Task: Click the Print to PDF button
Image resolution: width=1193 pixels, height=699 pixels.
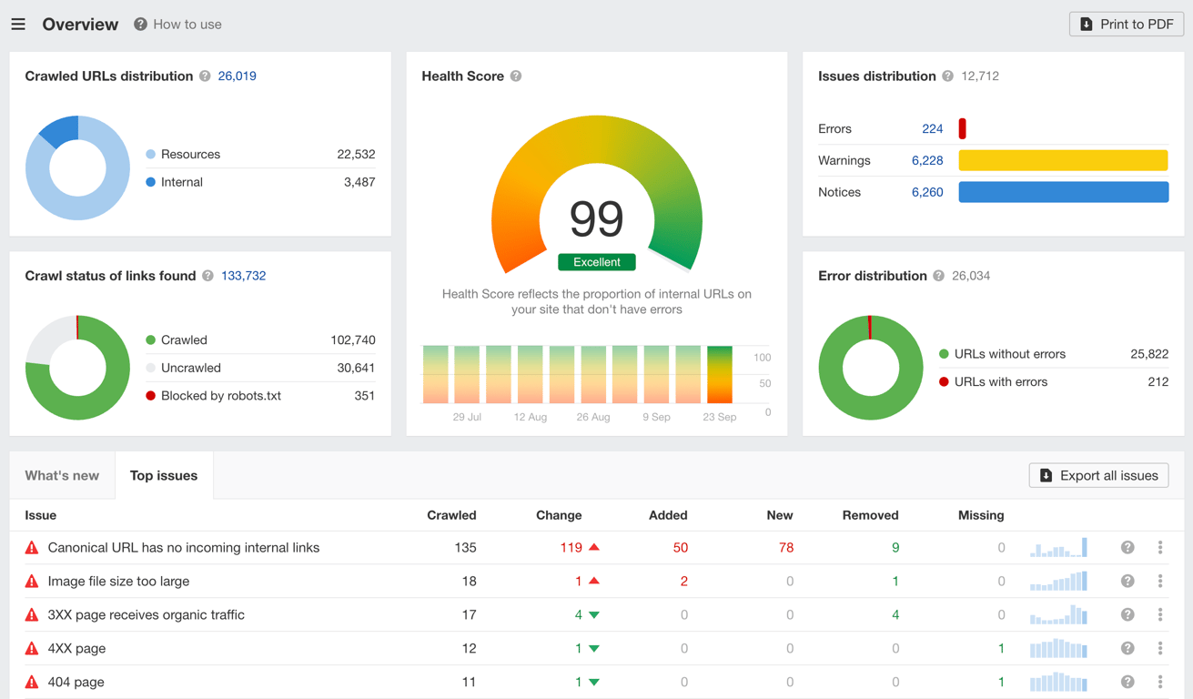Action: (x=1126, y=25)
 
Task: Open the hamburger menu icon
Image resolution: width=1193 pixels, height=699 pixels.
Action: (x=18, y=25)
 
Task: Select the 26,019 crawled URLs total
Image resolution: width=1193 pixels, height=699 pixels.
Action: (x=237, y=76)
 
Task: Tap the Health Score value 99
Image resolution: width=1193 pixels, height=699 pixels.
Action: (x=596, y=218)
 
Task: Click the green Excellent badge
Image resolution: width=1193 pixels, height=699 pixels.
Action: (x=596, y=262)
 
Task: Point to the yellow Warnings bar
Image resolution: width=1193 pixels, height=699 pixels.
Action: (x=1063, y=160)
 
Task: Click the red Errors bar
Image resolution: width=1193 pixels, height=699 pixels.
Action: (x=962, y=129)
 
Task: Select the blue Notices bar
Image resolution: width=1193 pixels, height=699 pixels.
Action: (x=1063, y=192)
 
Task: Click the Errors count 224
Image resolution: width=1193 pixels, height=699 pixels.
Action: (x=932, y=129)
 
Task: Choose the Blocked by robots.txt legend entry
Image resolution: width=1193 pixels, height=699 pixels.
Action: (x=220, y=396)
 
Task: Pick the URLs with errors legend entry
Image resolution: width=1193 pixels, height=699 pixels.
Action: (x=1000, y=382)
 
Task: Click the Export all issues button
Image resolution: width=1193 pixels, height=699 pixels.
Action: (x=1098, y=475)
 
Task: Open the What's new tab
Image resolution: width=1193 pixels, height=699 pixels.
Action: (x=62, y=475)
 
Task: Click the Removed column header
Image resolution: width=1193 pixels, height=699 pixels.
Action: (x=870, y=515)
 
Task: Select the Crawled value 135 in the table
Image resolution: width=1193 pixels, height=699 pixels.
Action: (x=465, y=548)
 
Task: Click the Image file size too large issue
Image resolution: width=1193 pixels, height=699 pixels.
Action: (x=118, y=582)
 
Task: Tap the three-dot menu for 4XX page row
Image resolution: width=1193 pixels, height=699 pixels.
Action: (x=1159, y=648)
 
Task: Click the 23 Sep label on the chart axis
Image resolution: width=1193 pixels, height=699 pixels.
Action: (x=719, y=417)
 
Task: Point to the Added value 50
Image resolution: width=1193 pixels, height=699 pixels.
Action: (x=680, y=548)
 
